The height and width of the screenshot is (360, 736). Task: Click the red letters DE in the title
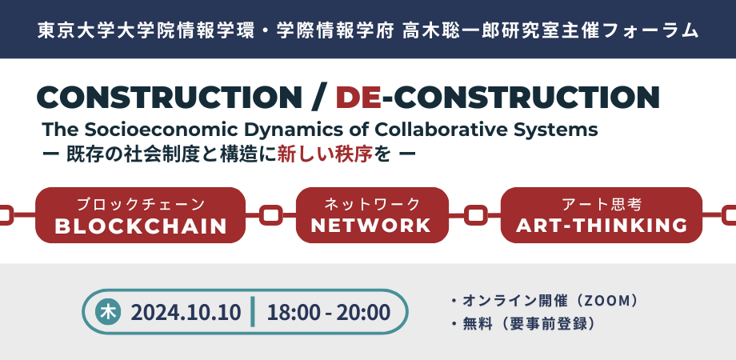coord(358,98)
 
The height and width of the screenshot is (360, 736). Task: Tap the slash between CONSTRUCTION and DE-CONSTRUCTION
coord(318,98)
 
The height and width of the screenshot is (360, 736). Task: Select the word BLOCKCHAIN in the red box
coord(141,226)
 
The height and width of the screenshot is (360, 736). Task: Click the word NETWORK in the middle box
coord(371,226)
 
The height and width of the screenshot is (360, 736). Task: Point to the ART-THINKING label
coord(602,226)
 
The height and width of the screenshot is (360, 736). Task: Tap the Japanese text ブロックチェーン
coord(141,205)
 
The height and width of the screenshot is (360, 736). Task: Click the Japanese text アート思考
coord(602,205)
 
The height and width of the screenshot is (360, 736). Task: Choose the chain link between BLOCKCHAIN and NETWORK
coord(271,215)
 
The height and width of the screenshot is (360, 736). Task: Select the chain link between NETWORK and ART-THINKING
coord(475,215)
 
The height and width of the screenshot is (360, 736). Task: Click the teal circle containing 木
coord(108,312)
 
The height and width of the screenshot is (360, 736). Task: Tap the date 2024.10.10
coord(186,313)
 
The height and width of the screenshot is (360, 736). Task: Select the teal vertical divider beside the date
coord(253,312)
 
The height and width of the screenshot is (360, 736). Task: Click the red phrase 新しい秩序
coord(325,154)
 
